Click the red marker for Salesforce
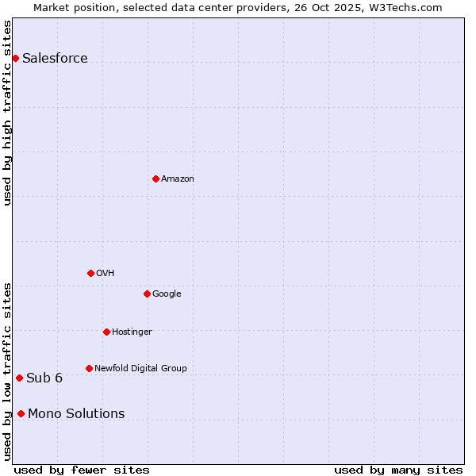(x=15, y=58)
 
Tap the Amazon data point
(x=155, y=178)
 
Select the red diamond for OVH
(x=90, y=273)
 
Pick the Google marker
(x=147, y=294)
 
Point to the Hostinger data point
(x=106, y=332)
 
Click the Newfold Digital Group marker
(x=89, y=368)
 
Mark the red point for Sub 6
(x=19, y=378)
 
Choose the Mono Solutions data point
(x=21, y=413)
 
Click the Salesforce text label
(x=55, y=58)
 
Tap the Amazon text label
(x=177, y=178)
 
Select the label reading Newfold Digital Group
(x=140, y=368)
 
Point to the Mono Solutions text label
(x=76, y=413)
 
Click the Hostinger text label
(x=132, y=332)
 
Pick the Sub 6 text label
(x=44, y=378)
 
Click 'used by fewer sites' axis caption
(x=82, y=470)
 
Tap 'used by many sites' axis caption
(x=398, y=470)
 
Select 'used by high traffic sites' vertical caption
(x=7, y=113)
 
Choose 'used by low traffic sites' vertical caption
(x=7, y=370)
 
